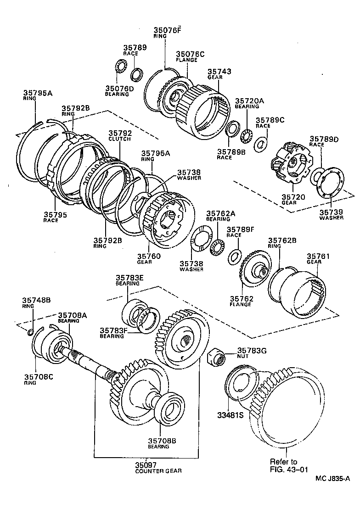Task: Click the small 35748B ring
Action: click(30, 333)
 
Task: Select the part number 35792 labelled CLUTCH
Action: click(120, 134)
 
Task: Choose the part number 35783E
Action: click(129, 278)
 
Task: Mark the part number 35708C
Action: click(39, 377)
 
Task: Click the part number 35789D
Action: click(323, 139)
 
